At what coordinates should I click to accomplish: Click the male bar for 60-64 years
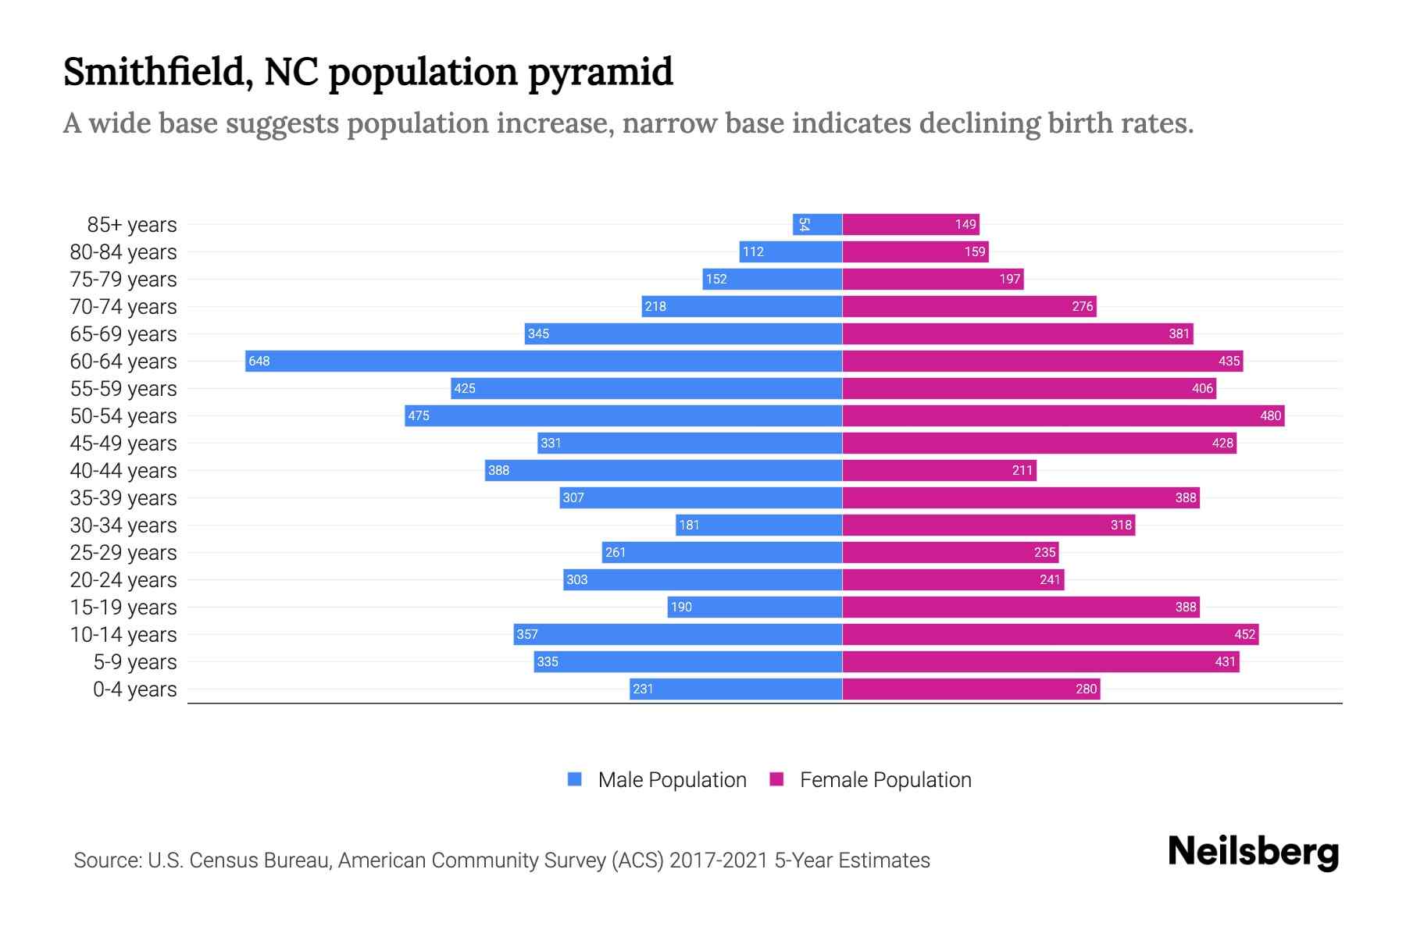(x=544, y=361)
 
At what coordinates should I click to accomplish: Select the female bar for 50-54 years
(x=1063, y=415)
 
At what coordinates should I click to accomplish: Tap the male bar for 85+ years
(x=817, y=224)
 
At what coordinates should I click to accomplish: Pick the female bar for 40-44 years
(x=939, y=470)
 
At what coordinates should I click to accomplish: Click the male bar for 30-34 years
(x=758, y=525)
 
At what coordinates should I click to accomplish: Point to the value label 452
(x=1244, y=634)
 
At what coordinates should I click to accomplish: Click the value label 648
(x=259, y=361)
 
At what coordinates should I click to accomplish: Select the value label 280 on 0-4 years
(x=1086, y=689)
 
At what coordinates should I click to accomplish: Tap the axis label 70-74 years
(x=123, y=306)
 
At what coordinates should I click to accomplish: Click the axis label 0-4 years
(x=134, y=689)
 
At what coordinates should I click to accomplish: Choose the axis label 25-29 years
(x=123, y=552)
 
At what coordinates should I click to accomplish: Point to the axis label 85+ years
(x=132, y=224)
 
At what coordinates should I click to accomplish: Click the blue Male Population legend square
(x=575, y=779)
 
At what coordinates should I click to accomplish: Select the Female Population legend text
(x=885, y=779)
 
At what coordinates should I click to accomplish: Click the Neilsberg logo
(x=1253, y=852)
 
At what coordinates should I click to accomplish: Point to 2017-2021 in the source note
(x=719, y=860)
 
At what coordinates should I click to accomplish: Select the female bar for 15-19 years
(x=1021, y=607)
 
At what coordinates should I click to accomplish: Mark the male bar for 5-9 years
(x=688, y=661)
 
